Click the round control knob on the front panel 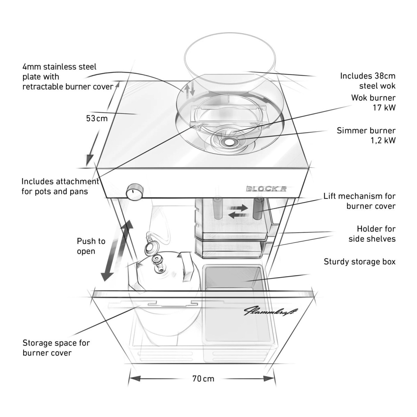(134, 191)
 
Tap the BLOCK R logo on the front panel (266, 189)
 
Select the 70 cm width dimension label (203, 378)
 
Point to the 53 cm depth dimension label (97, 118)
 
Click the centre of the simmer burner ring (229, 142)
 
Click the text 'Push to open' (91, 246)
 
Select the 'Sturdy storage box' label (359, 262)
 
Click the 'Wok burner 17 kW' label (373, 103)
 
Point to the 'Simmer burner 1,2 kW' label (366, 136)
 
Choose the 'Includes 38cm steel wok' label (368, 81)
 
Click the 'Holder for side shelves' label (372, 234)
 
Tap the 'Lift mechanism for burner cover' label (359, 201)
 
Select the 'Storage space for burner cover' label (56, 347)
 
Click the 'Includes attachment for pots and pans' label (60, 186)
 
